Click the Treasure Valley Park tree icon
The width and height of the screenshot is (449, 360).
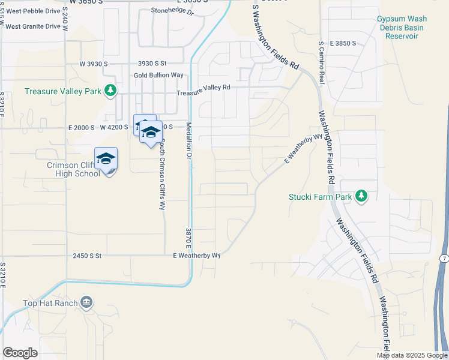pyautogui.click(x=110, y=91)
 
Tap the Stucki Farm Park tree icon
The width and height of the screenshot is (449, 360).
pyautogui.click(x=361, y=196)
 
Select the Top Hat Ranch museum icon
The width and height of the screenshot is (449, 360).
pyautogui.click(x=87, y=302)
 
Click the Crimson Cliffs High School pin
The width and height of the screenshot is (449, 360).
pyautogui.click(x=106, y=159)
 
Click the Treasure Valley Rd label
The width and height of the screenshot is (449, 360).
pyautogui.click(x=203, y=87)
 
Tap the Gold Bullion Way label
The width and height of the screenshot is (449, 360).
pyautogui.click(x=158, y=75)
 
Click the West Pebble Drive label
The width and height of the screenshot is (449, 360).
pyautogui.click(x=33, y=11)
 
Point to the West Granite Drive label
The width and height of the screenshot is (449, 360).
pyautogui.click(x=33, y=26)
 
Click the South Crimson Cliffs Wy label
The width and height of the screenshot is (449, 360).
pyautogui.click(x=161, y=174)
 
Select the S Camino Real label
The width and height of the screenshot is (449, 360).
pyautogui.click(x=322, y=62)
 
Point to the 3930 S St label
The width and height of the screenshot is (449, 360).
pyautogui.click(x=152, y=63)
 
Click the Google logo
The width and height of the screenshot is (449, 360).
pyautogui.click(x=20, y=353)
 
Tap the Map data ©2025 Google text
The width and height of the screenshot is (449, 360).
pyautogui.click(x=412, y=355)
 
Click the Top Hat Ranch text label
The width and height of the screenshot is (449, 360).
pyautogui.click(x=50, y=303)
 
